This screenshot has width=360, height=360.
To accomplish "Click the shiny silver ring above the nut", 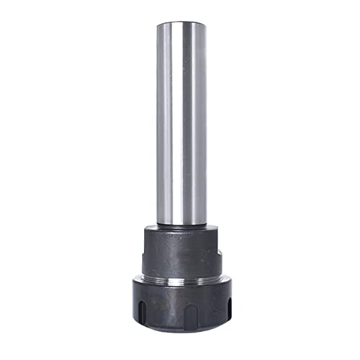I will click(180, 276).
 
